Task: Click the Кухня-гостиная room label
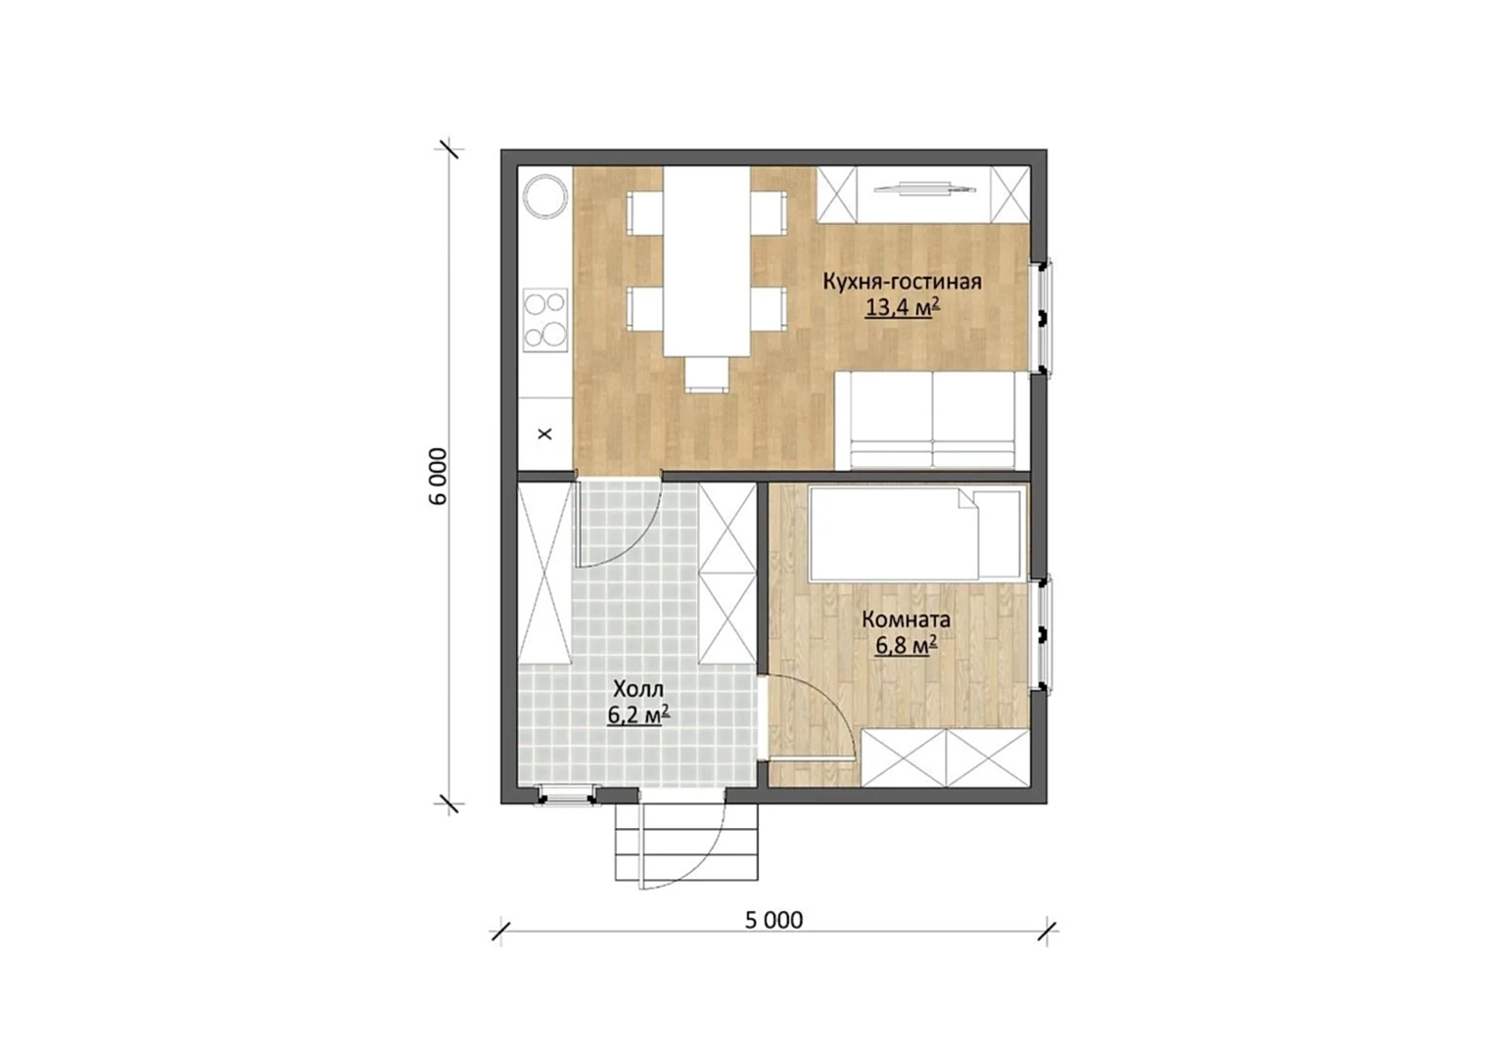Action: coord(902,282)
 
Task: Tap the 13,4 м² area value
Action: coord(903,307)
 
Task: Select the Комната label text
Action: coord(906,620)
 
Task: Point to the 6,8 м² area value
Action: coord(906,645)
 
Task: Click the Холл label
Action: coord(638,689)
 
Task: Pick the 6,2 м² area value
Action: coord(638,715)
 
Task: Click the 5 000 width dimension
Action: coord(773,920)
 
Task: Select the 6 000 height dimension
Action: coord(439,477)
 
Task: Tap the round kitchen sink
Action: coord(545,196)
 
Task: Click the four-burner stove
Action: coord(545,320)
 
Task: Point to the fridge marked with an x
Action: coord(545,434)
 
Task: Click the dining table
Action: coord(707,261)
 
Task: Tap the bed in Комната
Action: coord(915,534)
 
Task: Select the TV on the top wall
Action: coord(923,189)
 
